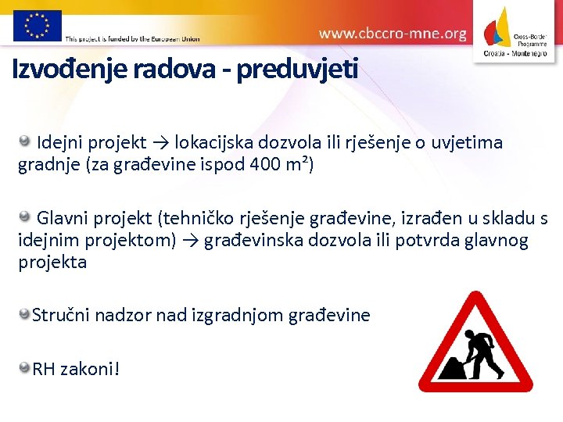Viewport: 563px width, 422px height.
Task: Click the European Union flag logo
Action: [x=36, y=24]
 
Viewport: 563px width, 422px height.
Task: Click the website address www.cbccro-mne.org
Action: [x=393, y=34]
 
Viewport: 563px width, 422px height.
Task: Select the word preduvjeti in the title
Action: [x=297, y=70]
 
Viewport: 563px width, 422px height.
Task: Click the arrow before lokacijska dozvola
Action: [x=160, y=143]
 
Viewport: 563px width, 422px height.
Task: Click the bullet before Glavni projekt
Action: [x=25, y=216]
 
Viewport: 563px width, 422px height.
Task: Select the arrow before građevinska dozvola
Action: [x=189, y=240]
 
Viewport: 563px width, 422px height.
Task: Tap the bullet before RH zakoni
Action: [x=25, y=367]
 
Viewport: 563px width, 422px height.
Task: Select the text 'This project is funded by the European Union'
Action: [x=132, y=38]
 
